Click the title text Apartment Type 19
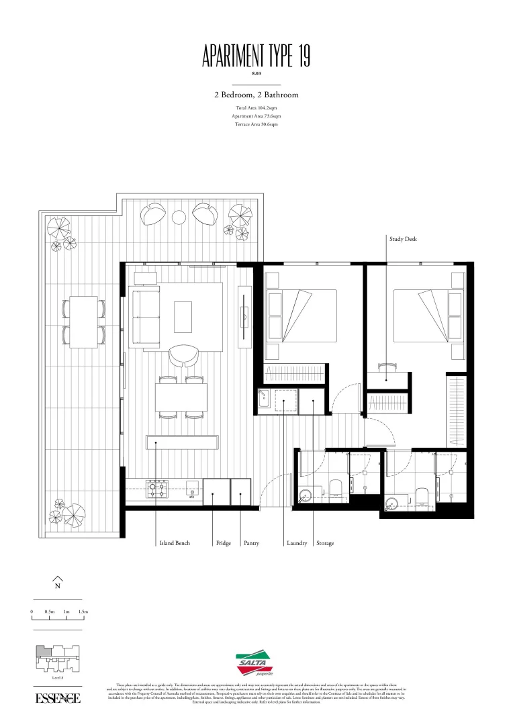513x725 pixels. [x=256, y=56]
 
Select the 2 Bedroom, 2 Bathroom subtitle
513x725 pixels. [x=256, y=95]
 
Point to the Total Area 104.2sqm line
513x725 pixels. [x=256, y=108]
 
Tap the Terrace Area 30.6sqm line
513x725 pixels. [x=256, y=124]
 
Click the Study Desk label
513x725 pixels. [x=403, y=238]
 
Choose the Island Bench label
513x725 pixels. [x=174, y=543]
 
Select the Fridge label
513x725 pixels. [x=224, y=543]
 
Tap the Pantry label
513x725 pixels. [x=251, y=543]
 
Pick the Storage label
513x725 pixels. [x=325, y=543]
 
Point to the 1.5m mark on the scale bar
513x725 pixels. [x=83, y=612]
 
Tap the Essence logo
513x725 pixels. [x=58, y=698]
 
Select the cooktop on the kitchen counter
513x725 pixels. [x=157, y=488]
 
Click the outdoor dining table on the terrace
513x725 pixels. [x=84, y=322]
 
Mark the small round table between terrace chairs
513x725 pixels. [x=179, y=217]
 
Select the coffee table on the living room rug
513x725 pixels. [x=183, y=316]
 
